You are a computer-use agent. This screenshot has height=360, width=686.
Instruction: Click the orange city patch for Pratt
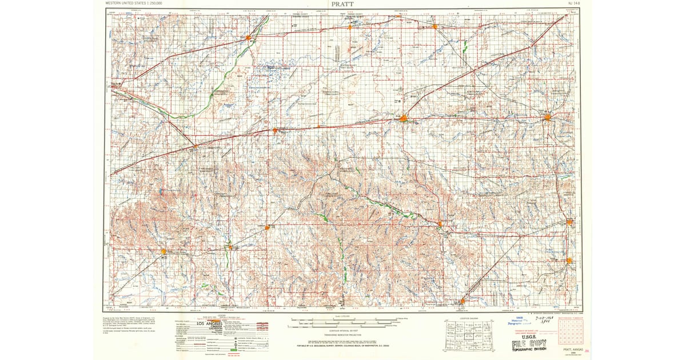(x=404, y=118)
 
